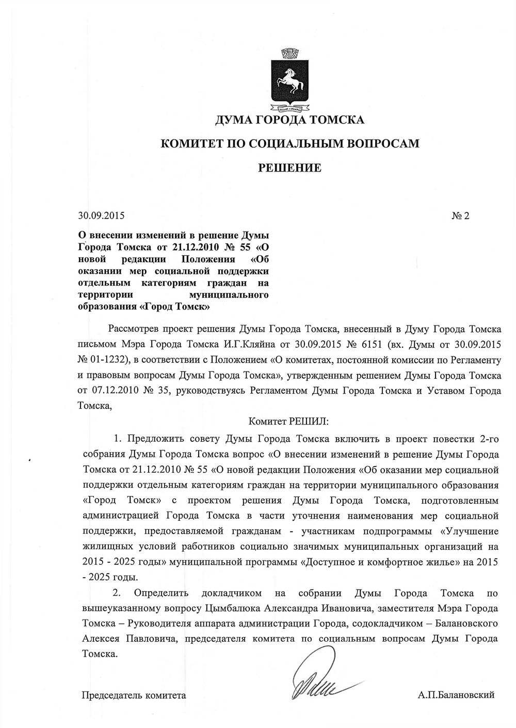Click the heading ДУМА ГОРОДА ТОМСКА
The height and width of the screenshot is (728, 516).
point(289,120)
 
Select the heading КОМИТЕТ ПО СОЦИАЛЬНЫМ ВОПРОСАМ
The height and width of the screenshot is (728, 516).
point(290,144)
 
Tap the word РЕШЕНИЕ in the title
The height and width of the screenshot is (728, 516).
point(289,168)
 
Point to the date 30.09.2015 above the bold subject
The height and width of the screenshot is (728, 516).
point(101,216)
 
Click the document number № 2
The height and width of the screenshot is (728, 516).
point(460,216)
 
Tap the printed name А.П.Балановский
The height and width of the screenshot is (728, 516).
point(456,695)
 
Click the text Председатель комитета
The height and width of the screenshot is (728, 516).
point(134,695)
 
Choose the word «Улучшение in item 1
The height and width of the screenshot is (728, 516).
point(469,531)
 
